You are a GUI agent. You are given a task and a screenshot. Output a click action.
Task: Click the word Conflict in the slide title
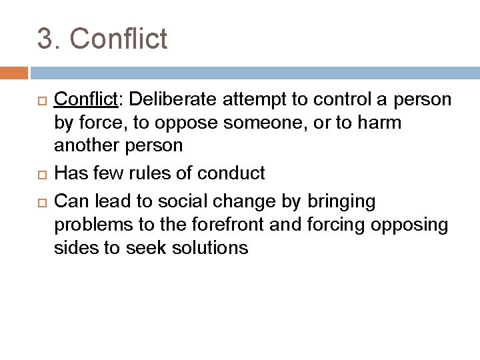(119, 39)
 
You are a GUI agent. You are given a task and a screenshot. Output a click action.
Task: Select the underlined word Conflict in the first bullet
(85, 99)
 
